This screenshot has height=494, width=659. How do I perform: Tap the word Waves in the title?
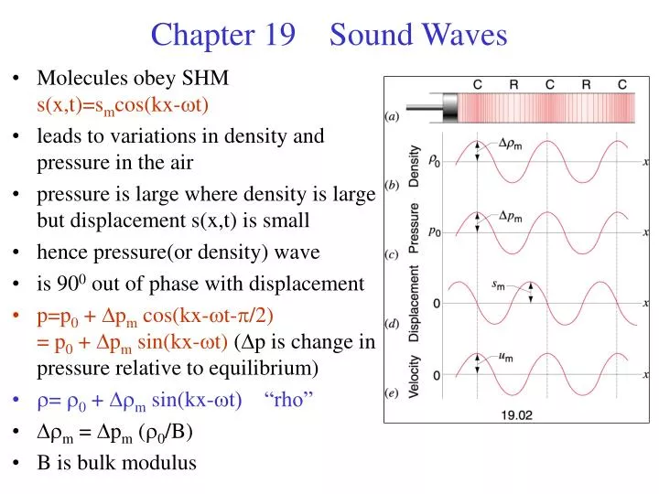(465, 35)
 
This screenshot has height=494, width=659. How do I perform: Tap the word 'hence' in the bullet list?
(59, 252)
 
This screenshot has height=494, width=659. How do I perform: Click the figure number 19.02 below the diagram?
(517, 413)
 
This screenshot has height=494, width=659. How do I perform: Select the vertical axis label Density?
(415, 166)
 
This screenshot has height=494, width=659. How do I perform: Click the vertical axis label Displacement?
(415, 304)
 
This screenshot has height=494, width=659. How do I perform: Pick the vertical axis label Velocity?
(415, 374)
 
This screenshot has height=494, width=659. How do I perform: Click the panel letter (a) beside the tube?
(391, 117)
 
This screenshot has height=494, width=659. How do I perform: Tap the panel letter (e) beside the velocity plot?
(391, 393)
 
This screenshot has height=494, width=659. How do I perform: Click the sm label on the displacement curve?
(500, 285)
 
